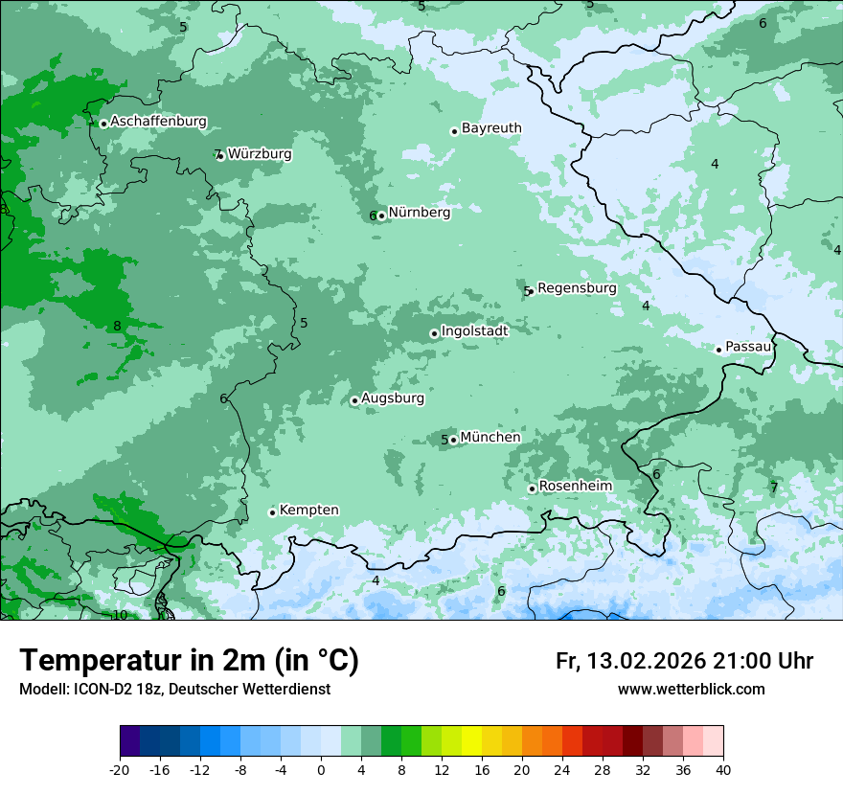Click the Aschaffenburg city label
point(158,122)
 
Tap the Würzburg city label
point(260,153)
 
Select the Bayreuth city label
point(491,127)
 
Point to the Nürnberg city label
point(419,213)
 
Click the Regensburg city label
point(577,287)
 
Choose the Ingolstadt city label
point(474,330)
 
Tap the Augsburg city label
point(392,397)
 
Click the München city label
point(490,437)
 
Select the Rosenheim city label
point(575,486)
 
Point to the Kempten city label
point(308,510)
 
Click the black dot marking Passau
point(718,350)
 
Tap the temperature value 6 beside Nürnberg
point(373,216)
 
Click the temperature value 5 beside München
point(444,441)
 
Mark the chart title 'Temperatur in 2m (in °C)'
point(190,661)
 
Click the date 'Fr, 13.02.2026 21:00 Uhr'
point(684,661)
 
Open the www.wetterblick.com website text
point(691,690)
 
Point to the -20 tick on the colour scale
point(120,770)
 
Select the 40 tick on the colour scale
point(722,770)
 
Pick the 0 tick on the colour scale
point(321,770)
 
